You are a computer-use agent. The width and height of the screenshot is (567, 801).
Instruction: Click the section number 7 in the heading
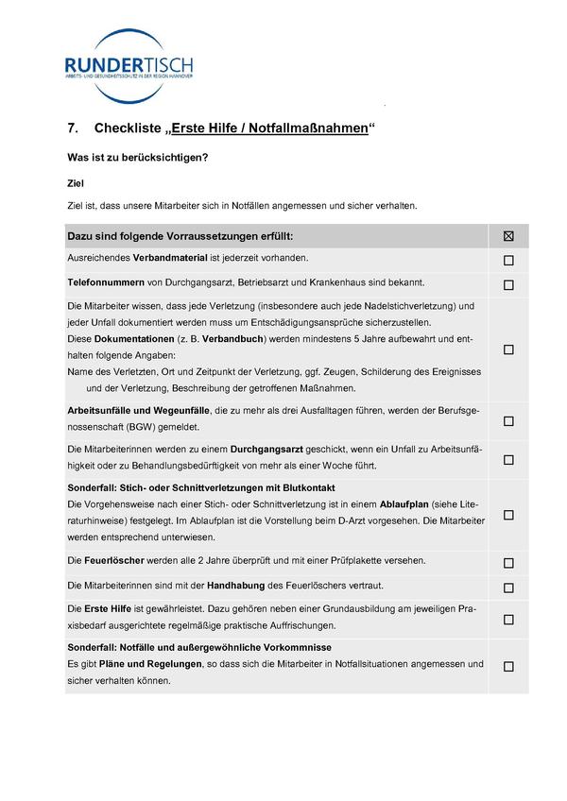coord(73,128)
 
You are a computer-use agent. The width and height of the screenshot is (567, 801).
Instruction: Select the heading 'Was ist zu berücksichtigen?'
coord(137,158)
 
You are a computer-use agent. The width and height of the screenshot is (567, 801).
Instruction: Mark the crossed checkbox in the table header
coord(508,235)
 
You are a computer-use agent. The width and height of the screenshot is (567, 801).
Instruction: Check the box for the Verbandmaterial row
coord(508,260)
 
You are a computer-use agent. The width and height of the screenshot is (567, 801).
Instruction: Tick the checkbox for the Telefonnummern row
coord(508,284)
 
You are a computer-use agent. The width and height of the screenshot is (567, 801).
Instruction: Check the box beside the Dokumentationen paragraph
coord(508,349)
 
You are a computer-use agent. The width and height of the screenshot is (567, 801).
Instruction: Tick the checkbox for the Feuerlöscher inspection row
coord(508,564)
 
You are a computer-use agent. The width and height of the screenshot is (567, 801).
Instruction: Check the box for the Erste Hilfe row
coord(508,620)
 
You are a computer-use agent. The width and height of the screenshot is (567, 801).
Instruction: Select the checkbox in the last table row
coord(508,666)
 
